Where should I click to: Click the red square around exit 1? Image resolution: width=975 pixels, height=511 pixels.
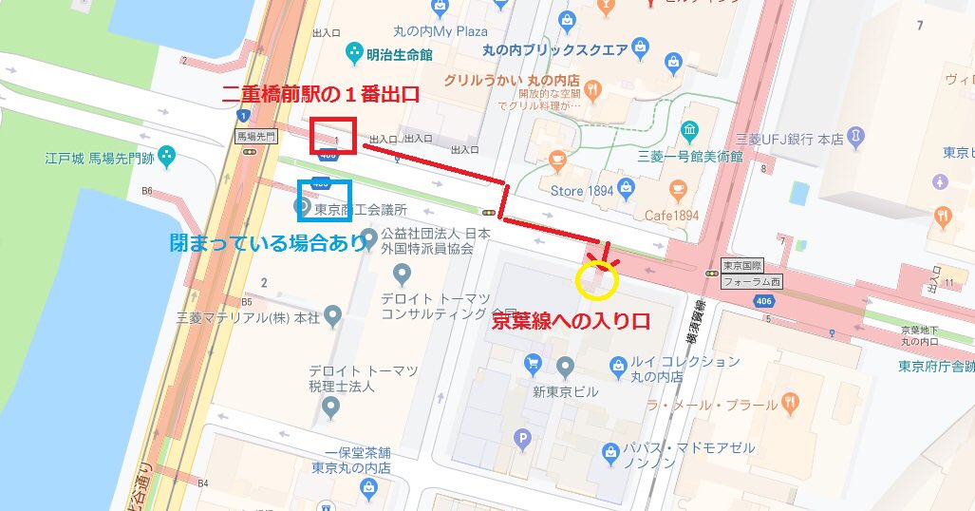point(332,136)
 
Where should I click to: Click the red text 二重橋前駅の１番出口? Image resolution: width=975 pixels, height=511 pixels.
point(320,96)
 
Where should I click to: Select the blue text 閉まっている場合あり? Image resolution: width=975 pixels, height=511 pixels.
point(268,243)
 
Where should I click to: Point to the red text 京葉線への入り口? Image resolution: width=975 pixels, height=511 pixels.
point(571,322)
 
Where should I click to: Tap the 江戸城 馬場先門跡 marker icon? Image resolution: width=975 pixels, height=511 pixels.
point(167,153)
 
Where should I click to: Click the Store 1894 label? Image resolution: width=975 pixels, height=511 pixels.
point(581,191)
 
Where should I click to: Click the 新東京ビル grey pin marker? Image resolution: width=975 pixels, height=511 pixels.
point(566,366)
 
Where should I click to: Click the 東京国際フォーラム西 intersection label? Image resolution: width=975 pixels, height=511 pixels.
point(744,274)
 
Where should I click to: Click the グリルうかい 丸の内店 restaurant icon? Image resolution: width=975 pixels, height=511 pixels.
point(593,90)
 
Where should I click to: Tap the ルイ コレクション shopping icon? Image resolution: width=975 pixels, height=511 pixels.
point(618,364)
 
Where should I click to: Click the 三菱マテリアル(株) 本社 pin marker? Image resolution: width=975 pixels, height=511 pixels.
point(332,314)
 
